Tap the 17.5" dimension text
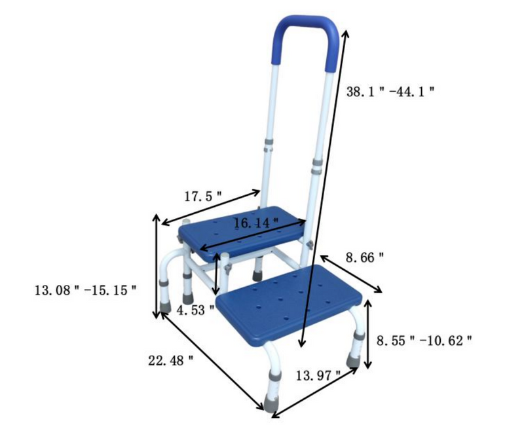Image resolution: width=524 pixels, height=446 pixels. (203, 195)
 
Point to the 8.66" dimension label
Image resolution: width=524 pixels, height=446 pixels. (362, 258)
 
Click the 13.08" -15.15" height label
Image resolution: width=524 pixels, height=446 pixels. (85, 289)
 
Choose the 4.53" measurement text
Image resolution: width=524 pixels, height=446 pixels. (195, 310)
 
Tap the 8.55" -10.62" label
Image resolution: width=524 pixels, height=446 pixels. (424, 341)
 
